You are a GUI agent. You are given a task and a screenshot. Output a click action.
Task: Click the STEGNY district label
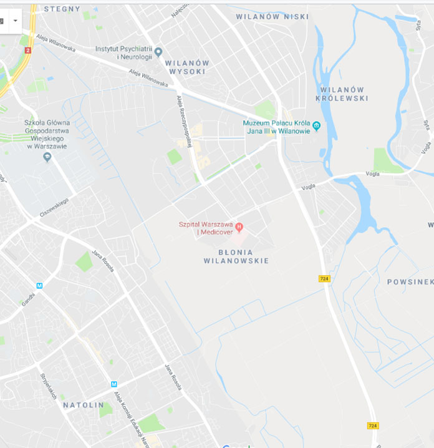click(x=62, y=9)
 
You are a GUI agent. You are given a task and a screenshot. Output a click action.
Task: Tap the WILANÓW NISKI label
click(x=272, y=17)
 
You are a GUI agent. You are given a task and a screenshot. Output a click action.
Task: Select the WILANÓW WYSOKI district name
click(x=186, y=67)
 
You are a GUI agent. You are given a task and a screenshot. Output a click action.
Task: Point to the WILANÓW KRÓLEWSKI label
click(x=342, y=94)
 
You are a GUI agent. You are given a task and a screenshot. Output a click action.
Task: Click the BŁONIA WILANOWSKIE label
click(x=236, y=256)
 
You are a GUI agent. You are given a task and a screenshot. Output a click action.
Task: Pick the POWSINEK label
click(x=410, y=282)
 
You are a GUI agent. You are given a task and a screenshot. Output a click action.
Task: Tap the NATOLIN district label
click(x=83, y=405)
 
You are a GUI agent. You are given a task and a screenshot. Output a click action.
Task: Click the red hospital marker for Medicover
click(x=239, y=227)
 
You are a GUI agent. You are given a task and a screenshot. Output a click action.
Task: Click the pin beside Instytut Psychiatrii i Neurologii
click(x=158, y=52)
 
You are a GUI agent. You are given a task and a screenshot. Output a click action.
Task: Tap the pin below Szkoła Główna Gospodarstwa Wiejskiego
click(x=47, y=157)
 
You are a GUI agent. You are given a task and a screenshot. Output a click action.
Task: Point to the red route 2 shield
click(x=27, y=50)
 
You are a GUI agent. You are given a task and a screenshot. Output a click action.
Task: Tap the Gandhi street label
click(x=28, y=299)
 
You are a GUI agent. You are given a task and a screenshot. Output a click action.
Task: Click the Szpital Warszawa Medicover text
click(x=206, y=228)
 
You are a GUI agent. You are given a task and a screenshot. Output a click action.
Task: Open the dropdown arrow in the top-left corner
click(x=16, y=21)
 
